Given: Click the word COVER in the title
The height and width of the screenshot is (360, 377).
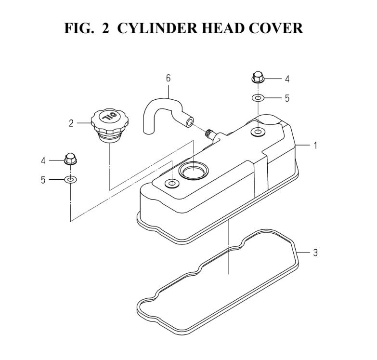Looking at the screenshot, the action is click(x=275, y=28).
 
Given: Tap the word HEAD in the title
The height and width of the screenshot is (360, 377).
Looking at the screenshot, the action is click(x=223, y=28).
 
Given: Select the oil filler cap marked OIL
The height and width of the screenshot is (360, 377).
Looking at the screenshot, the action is click(x=110, y=126).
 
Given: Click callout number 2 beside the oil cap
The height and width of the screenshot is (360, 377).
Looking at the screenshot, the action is click(x=71, y=123).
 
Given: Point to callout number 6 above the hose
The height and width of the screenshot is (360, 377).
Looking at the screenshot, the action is click(x=169, y=78).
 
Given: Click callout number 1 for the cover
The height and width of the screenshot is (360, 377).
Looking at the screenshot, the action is click(x=315, y=146).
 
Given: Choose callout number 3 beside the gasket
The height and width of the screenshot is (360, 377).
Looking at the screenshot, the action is click(x=315, y=253).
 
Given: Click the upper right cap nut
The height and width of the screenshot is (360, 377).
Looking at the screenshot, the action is click(x=258, y=77).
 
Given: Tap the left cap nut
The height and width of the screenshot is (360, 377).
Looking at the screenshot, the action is click(x=70, y=159).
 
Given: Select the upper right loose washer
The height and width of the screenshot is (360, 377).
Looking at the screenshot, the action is click(x=258, y=98).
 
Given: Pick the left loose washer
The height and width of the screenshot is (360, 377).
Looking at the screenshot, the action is click(x=70, y=180).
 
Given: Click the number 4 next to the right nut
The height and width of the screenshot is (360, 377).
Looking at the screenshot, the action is click(x=287, y=79).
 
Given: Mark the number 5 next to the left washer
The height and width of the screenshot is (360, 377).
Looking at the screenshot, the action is click(x=43, y=180).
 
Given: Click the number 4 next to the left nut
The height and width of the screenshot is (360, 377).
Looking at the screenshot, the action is click(x=43, y=160).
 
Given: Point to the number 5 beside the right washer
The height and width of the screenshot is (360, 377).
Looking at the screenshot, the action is click(x=287, y=98).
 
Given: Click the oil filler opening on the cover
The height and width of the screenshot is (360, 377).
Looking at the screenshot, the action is click(x=194, y=171).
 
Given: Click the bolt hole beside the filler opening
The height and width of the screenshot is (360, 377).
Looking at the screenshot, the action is click(x=172, y=184).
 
